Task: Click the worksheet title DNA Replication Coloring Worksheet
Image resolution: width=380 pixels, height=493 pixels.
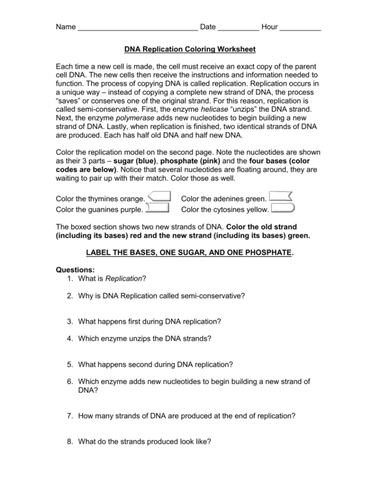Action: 190,49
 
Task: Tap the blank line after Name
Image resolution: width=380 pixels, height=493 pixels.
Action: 137,29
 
